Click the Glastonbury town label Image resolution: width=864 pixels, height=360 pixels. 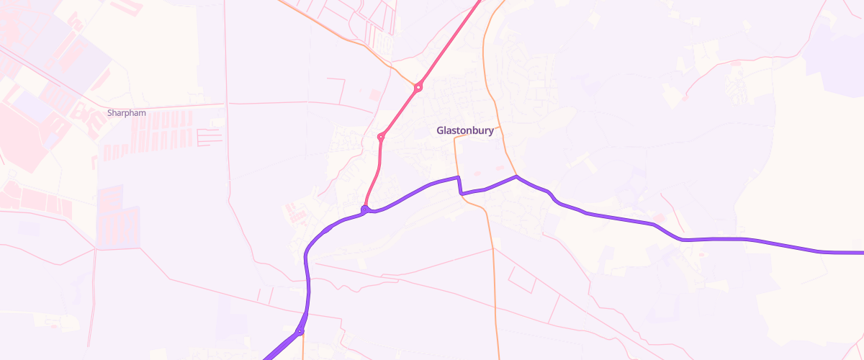(464, 131)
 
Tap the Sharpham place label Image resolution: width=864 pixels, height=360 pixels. (126, 113)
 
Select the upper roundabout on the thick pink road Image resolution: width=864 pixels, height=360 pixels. (418, 87)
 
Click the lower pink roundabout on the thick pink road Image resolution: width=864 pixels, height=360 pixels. (381, 136)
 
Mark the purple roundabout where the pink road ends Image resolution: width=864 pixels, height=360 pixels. (365, 210)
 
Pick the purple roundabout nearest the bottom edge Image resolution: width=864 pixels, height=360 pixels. (300, 332)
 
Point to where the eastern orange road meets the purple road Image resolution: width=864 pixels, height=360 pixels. (516, 176)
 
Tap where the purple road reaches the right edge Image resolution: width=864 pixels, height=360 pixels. (861, 253)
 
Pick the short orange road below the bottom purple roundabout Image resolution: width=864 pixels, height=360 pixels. (302, 349)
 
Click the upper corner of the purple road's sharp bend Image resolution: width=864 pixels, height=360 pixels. (458, 176)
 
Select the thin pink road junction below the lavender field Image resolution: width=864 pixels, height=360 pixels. (96, 249)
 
